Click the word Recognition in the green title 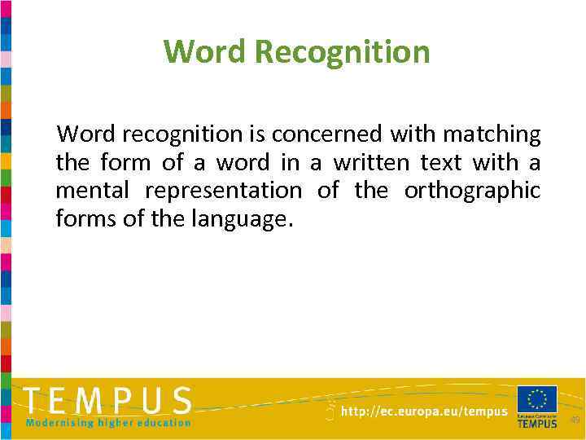click(x=342, y=52)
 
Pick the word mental click(x=91, y=191)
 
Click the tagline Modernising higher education click(x=108, y=423)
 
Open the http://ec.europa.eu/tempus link click(x=424, y=412)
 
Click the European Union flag click(x=537, y=399)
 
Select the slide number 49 click(x=575, y=420)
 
